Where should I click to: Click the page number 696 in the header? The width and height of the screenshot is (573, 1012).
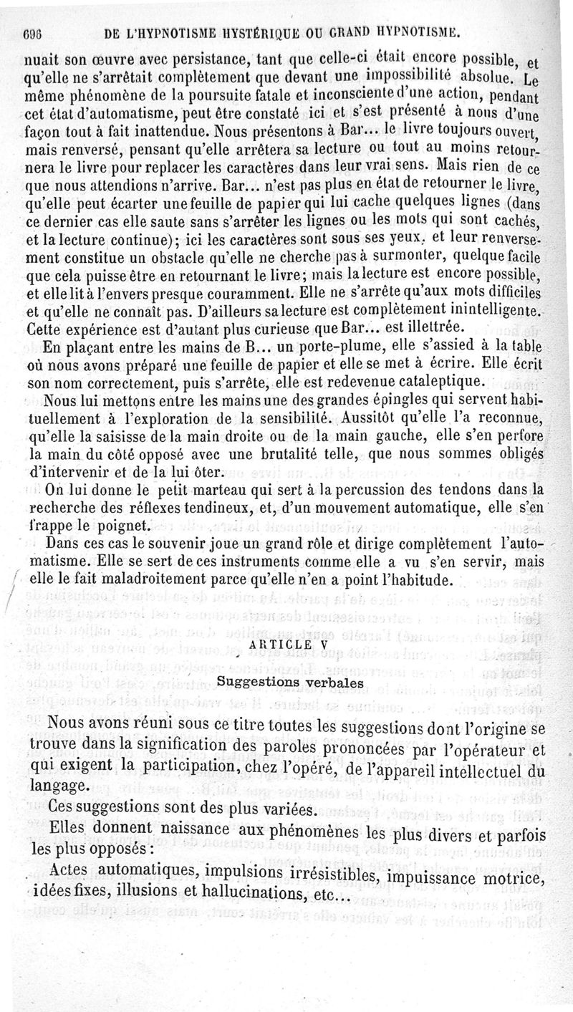(x=33, y=32)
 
